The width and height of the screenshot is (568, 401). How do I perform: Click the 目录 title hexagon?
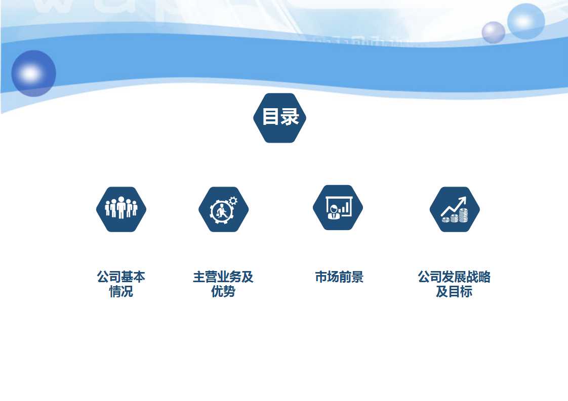tap(279, 118)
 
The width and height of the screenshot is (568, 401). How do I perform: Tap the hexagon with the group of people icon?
tap(121, 209)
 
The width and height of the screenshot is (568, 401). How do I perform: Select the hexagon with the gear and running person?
tap(224, 209)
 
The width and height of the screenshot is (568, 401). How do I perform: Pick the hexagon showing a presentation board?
tap(338, 207)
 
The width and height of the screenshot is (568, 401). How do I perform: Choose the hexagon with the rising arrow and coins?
tap(455, 209)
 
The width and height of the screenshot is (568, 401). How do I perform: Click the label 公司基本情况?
tap(121, 284)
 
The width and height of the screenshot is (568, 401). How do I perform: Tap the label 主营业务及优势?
tap(223, 284)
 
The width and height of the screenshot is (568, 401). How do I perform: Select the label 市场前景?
tap(339, 277)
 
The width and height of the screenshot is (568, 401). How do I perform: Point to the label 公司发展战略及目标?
tap(454, 284)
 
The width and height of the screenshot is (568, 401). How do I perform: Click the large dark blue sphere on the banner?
tap(34, 73)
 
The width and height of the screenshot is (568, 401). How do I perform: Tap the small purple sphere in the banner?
tap(494, 32)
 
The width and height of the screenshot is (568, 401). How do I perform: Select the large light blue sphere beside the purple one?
tap(526, 21)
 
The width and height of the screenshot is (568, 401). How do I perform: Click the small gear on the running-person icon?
tap(233, 201)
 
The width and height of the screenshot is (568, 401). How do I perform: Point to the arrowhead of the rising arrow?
tap(463, 200)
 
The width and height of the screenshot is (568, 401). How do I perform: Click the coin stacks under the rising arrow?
tap(455, 216)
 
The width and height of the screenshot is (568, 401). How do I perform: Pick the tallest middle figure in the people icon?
tap(121, 207)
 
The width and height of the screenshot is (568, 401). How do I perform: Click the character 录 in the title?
tap(290, 116)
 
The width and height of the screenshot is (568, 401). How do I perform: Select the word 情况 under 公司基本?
tap(121, 291)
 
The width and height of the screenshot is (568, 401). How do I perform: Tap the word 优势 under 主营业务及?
tap(223, 291)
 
